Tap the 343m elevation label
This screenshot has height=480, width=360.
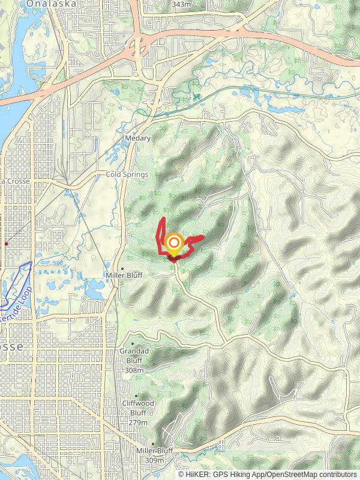coord(181,4)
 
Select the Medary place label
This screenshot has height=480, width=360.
coord(137,138)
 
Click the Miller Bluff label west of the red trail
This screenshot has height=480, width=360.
coord(124,275)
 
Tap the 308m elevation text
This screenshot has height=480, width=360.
coord(134,371)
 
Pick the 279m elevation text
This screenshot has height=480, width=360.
coord(137,423)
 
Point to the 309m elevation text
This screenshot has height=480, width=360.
coord(154,460)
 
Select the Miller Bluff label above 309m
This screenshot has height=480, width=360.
coord(155,451)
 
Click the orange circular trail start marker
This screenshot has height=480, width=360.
coord(174,243)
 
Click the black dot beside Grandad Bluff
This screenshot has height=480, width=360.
coord(133,344)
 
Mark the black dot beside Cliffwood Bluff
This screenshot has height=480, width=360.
coord(136,396)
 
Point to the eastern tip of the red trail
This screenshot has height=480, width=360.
coord(203,238)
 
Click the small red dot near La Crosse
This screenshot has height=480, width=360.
coord(6,244)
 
